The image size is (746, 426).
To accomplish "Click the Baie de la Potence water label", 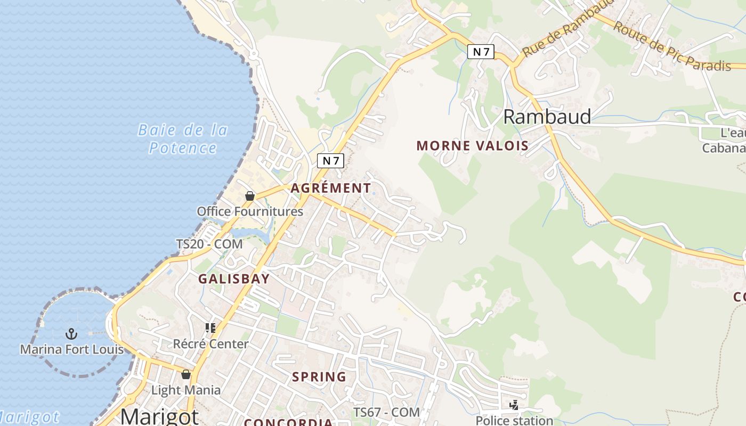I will click(182, 138).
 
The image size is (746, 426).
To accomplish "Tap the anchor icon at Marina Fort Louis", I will click(71, 334).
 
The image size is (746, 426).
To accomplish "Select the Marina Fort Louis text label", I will click(72, 349).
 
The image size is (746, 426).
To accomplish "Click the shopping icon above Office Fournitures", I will click(249, 196).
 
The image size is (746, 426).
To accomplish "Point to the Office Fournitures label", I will click(250, 211).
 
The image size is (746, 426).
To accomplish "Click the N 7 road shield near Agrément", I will click(330, 160).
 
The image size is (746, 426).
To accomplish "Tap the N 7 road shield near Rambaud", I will click(481, 52).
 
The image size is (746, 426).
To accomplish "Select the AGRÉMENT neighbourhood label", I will click(330, 188).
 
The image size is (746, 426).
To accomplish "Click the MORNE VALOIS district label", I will click(472, 145).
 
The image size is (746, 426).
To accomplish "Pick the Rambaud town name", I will click(547, 117).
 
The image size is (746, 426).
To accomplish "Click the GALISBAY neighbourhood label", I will click(234, 278).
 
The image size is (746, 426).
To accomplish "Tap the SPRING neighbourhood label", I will click(319, 377).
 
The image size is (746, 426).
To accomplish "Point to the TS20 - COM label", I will click(209, 244).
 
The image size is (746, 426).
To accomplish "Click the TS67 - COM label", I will click(387, 412).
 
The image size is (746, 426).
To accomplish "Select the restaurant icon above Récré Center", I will click(210, 328).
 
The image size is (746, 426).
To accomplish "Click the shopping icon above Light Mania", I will click(185, 375).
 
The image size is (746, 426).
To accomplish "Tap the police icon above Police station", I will click(514, 405).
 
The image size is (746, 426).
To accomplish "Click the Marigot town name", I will click(159, 416).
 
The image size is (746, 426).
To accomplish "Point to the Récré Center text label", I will click(210, 344).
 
